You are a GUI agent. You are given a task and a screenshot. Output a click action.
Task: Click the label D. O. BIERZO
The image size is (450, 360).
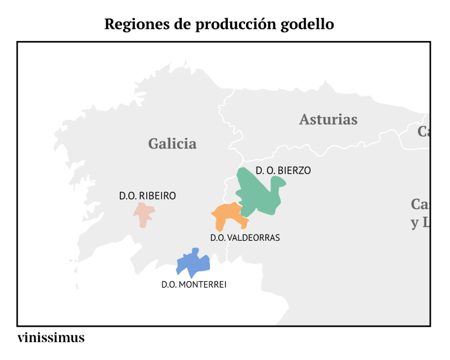(x=283, y=170)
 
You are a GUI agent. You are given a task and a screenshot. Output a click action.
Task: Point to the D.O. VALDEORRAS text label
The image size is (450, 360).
(x=245, y=237)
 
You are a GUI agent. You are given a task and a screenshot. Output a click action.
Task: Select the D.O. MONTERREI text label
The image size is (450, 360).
(x=193, y=285)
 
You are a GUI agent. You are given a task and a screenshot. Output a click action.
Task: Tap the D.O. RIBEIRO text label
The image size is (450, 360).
(x=147, y=196)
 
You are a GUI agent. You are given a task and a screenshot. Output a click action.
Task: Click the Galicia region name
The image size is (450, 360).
(x=172, y=143)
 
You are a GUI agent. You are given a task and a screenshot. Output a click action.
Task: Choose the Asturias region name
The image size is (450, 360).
(x=328, y=119)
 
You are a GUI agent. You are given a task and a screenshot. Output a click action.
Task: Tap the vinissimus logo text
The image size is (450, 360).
(x=51, y=337)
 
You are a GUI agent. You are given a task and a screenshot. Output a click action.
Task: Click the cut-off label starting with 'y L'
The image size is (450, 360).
(x=419, y=223)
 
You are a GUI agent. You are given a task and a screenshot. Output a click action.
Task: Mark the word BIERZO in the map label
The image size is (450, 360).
(x=294, y=170)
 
